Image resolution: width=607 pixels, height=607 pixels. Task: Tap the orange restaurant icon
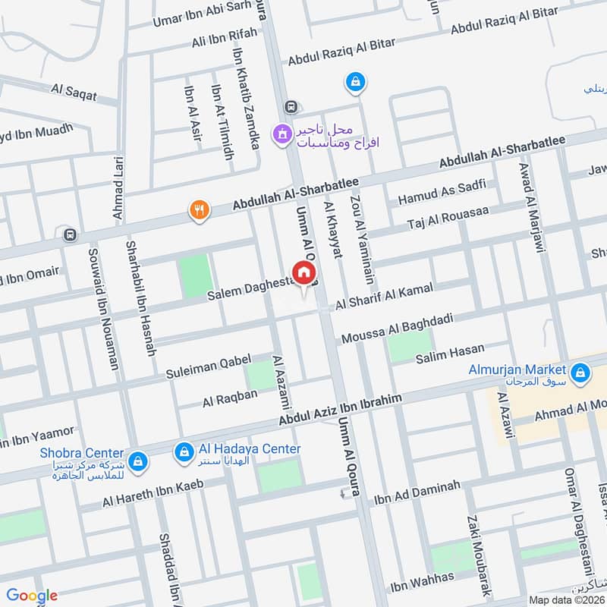[200, 210]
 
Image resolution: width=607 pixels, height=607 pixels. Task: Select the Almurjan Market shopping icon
[580, 373]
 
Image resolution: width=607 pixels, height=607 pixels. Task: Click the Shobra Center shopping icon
[137, 460]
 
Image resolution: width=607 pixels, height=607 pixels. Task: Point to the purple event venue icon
[283, 134]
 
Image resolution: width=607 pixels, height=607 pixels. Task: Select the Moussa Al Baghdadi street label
[397, 328]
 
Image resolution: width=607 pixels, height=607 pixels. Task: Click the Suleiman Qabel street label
[208, 367]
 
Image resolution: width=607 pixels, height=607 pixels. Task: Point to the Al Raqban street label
[230, 395]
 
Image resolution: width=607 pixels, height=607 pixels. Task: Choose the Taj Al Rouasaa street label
[448, 218]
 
